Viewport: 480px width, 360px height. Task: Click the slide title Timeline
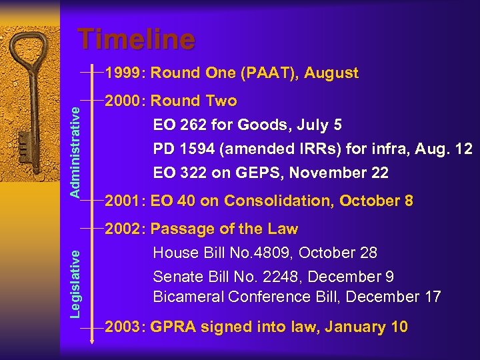point(136,39)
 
